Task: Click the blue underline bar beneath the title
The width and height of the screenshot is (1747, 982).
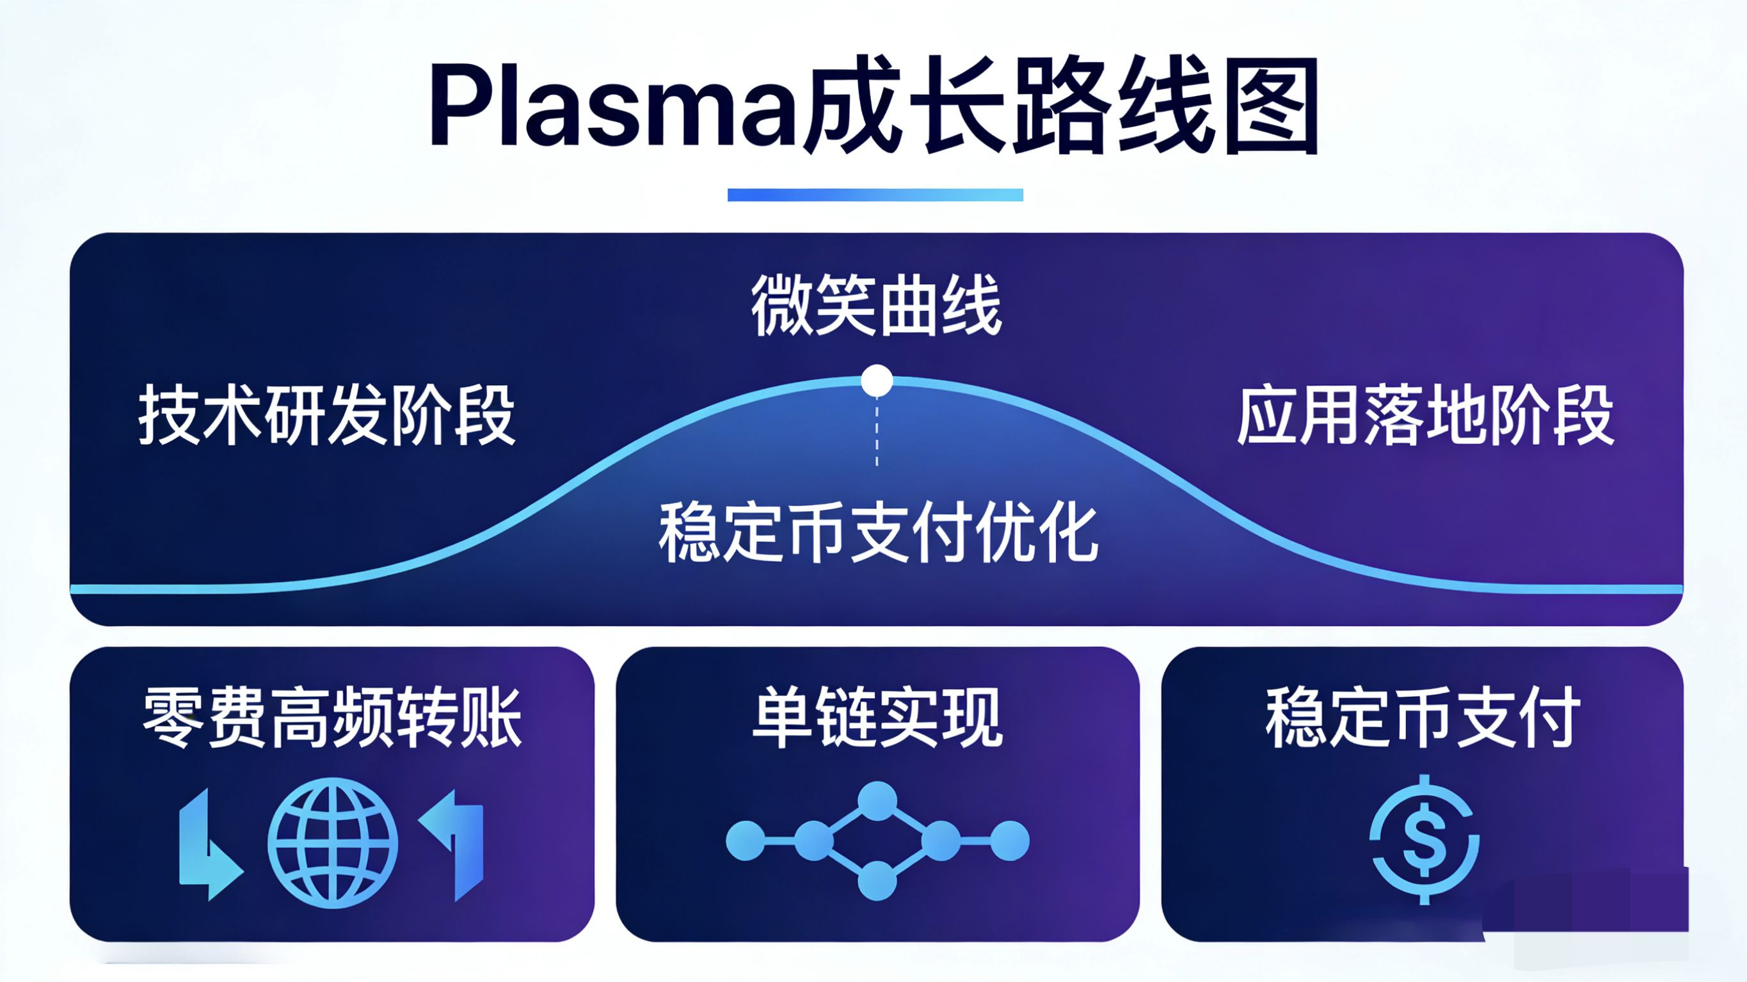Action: click(x=875, y=194)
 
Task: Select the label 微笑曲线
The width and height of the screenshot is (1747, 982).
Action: click(x=876, y=306)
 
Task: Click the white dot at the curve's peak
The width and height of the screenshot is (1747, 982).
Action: click(x=877, y=381)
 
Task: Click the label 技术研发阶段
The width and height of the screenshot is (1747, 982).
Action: click(x=327, y=416)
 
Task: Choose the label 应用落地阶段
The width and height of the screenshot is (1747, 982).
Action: click(x=1425, y=416)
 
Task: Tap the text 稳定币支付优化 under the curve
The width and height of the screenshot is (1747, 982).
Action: click(x=878, y=533)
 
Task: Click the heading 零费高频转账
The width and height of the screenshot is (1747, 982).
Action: click(x=332, y=718)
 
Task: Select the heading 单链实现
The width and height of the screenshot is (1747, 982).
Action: click(x=877, y=718)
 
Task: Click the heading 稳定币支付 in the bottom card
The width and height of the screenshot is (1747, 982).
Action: click(x=1423, y=718)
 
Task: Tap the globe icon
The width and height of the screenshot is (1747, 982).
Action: click(x=332, y=843)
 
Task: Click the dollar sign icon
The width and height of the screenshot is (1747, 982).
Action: click(x=1423, y=839)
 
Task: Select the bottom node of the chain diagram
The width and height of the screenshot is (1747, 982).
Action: click(x=877, y=880)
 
